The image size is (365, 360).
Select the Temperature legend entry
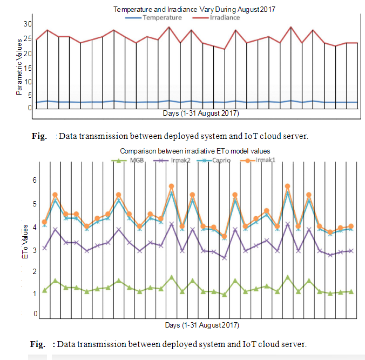[161, 17]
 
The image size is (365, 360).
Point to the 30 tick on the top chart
[28, 24]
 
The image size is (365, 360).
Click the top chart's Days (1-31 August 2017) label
[201, 114]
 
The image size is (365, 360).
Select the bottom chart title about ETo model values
[195, 151]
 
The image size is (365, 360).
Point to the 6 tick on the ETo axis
[36, 180]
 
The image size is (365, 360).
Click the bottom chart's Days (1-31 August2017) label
[201, 325]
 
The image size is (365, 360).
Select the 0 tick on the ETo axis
[36, 314]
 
